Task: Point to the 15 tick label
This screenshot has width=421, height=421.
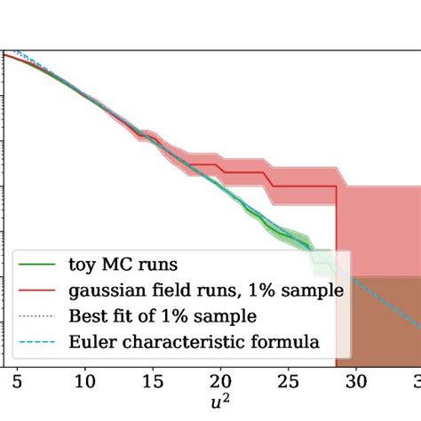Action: click(153, 384)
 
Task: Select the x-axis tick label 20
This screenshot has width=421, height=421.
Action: click(221, 384)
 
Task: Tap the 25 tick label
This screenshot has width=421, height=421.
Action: click(289, 384)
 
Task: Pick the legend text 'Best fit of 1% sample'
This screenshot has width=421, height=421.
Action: click(163, 315)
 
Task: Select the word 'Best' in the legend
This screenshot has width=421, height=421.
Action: click(87, 315)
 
